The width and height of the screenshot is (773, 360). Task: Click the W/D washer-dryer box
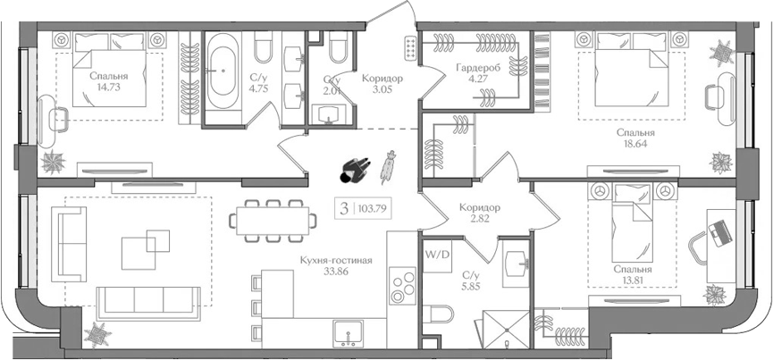coord(437,256)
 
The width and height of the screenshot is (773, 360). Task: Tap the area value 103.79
coord(374,209)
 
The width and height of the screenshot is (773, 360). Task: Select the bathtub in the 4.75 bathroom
coord(222,71)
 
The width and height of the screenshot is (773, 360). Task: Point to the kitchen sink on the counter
coord(349,333)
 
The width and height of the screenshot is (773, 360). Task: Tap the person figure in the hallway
coord(355,171)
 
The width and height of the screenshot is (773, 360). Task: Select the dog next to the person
coord(388,167)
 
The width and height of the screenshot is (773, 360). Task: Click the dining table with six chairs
coord(273,221)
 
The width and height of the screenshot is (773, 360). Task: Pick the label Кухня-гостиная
coord(336,261)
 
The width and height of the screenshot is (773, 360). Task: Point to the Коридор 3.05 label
coord(382,84)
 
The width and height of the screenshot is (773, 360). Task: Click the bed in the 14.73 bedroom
coord(109,70)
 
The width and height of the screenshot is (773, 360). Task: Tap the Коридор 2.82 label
coord(479,213)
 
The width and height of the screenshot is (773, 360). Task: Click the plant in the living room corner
coord(97,335)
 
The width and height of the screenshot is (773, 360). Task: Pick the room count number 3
coord(344,209)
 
